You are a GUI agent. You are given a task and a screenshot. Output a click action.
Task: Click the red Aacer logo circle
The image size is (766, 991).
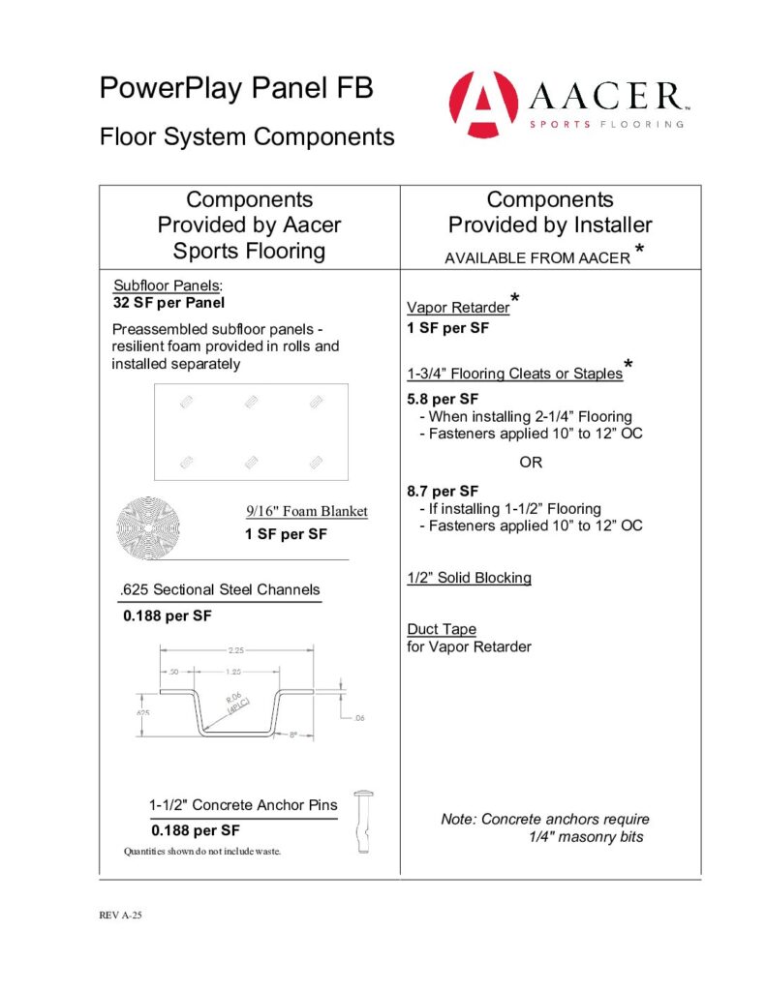coord(484,105)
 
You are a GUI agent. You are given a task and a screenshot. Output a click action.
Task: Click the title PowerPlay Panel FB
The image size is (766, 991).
coord(235,89)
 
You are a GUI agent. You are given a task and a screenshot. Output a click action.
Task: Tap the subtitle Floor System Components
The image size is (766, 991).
coord(247,136)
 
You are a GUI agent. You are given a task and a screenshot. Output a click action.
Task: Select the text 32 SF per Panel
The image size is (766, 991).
coord(169,302)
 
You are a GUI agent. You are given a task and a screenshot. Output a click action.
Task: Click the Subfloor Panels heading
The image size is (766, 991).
coord(168,286)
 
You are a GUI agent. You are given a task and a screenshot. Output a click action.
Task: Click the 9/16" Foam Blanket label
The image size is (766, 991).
coord(306,511)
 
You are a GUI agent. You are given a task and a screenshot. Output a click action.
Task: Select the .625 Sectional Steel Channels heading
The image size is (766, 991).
coord(221,589)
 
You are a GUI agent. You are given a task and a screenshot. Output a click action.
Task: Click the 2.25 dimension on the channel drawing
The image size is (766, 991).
coord(235,650)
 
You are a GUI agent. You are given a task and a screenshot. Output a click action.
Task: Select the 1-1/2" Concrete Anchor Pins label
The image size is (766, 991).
coord(243,805)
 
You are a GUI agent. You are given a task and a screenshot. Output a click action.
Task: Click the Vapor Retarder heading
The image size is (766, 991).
coord(458,308)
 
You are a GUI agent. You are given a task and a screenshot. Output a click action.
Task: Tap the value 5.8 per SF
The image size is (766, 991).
coord(444,399)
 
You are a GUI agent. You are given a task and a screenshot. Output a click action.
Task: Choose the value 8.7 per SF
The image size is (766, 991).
coord(444,491)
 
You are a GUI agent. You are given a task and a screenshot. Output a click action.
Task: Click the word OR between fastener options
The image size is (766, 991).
coord(531,462)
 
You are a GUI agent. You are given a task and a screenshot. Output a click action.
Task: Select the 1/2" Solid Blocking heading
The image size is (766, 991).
coord(469,578)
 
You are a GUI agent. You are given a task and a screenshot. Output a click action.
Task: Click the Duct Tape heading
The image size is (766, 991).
coord(442,629)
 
